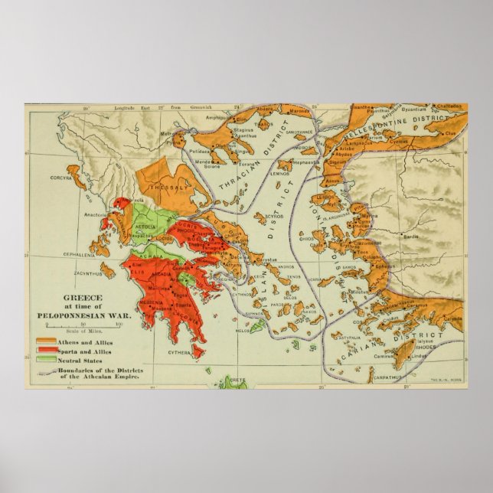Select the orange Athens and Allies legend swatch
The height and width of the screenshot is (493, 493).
coord(45,318)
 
